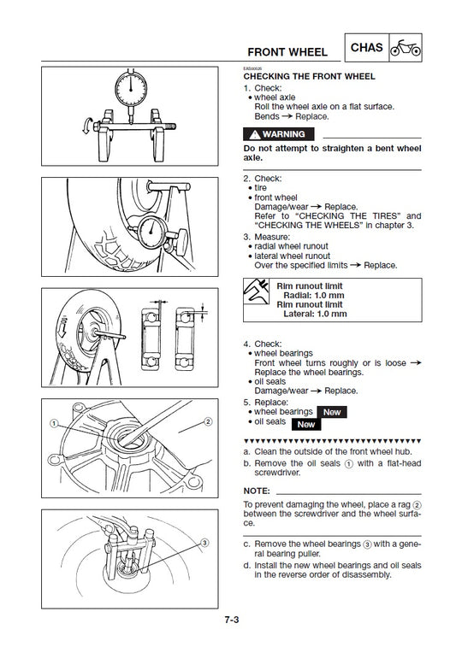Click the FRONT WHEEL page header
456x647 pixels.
[x=287, y=52]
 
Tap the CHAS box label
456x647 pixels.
[x=367, y=48]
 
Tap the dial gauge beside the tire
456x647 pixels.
[x=154, y=232]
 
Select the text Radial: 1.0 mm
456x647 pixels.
[x=315, y=295]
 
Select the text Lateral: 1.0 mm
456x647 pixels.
[x=315, y=314]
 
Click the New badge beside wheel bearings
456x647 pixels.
[x=332, y=412]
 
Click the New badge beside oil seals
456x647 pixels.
[x=307, y=423]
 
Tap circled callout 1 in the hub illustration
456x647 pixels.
[x=53, y=423]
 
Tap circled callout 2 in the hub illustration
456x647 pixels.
[x=207, y=422]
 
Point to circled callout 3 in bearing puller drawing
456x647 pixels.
[x=204, y=542]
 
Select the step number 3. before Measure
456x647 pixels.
[x=246, y=236]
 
